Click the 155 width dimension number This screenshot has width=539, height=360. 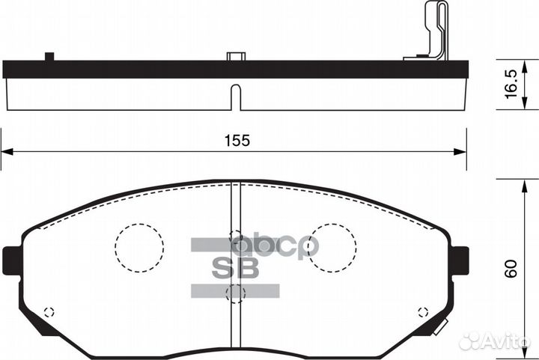pyautogui.click(x=234, y=140)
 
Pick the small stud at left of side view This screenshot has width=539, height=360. pyautogui.click(x=50, y=56)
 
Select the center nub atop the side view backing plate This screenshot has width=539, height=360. pyautogui.click(x=235, y=56)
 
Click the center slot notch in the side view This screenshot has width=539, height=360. pyautogui.click(x=235, y=97)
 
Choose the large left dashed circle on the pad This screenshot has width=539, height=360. pyautogui.click(x=139, y=246)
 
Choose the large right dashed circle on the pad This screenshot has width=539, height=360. pyautogui.click(x=332, y=248)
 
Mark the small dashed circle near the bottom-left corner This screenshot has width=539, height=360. pyautogui.click(x=49, y=312)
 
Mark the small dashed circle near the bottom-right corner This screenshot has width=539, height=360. pyautogui.click(x=421, y=312)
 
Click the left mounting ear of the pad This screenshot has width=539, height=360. pyautogui.click(x=12, y=260)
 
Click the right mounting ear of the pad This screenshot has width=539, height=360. pyautogui.click(x=460, y=260)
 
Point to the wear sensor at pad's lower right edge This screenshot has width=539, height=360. pyautogui.click(x=440, y=326)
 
